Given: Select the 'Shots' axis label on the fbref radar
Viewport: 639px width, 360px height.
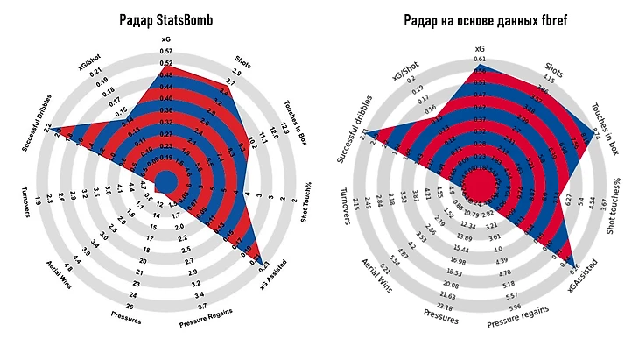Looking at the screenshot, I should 553,67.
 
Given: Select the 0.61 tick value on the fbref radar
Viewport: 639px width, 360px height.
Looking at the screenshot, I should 479,59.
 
